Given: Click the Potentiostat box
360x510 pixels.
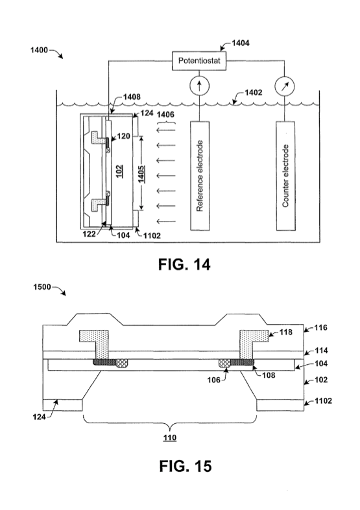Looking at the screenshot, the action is coord(199,61).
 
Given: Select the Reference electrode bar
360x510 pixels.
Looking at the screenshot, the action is coord(200,176).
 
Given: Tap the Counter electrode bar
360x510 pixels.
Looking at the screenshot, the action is coord(286,176).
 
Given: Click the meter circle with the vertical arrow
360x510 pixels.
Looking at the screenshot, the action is coord(199,86).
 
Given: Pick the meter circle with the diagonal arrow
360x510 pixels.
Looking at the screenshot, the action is coord(285,86).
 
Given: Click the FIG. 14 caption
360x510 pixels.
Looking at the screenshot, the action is coord(184,264).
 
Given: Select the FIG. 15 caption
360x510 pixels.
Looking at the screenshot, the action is coord(186,466).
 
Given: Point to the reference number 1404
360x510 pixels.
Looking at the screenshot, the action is coord(241,43).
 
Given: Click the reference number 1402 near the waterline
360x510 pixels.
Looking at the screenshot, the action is coord(253,93).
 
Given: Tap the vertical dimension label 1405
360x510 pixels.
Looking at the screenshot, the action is coord(141,174).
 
